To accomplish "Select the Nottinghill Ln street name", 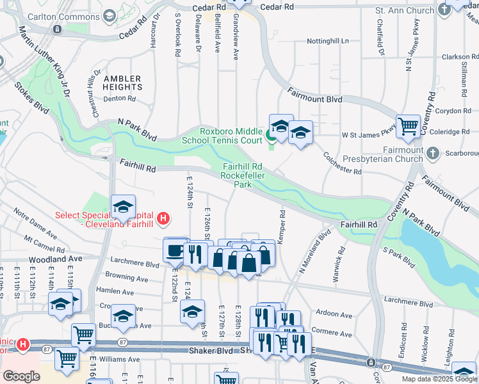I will [327, 40].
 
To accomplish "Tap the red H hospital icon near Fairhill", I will [163, 219].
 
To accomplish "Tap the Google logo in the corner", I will [21, 376].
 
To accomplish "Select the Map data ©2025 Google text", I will [440, 379].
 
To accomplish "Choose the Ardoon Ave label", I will [334, 315].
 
